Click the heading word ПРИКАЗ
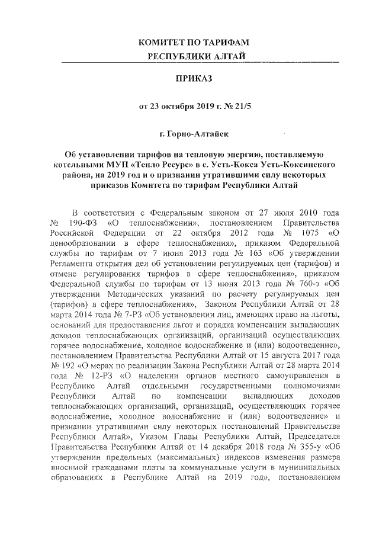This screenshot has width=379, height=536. click(x=189, y=78)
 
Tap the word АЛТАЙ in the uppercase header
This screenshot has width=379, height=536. click(x=227, y=56)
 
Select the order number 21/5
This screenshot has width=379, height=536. click(x=230, y=108)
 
